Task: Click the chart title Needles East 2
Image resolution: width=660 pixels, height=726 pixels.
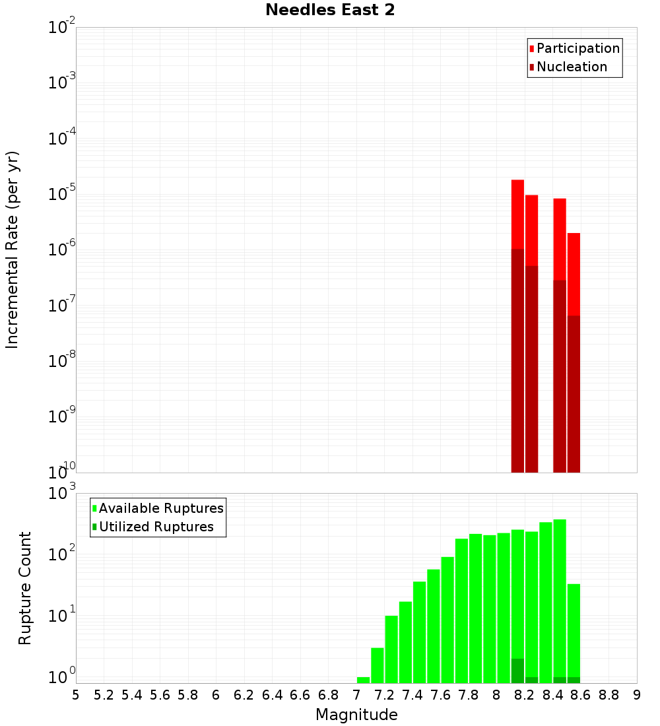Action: coord(330,11)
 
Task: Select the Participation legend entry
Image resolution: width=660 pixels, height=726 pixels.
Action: coord(577,49)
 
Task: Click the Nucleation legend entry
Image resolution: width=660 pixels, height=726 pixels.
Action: coord(572,67)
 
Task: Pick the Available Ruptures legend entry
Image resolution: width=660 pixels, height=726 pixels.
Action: coord(161,509)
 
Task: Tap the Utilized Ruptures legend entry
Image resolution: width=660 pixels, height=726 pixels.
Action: coord(156,527)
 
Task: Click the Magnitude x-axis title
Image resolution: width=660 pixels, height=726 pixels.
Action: coord(356,715)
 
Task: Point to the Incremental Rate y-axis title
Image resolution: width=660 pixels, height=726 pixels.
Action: coord(13,250)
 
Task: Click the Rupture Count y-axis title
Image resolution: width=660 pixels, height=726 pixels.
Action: coord(25,588)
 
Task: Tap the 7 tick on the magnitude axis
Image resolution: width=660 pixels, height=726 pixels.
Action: coord(356,695)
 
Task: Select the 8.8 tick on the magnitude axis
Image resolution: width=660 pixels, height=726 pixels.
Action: coord(609,695)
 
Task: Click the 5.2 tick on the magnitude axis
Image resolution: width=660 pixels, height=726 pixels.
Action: coord(104,695)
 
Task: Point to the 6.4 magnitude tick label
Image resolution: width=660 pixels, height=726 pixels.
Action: coord(272,695)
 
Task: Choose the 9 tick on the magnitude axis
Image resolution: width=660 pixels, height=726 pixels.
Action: coord(636,695)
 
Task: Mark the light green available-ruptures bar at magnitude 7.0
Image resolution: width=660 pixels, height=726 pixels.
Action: coord(363,680)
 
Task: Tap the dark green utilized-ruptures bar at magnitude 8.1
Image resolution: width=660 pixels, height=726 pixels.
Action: coord(517,671)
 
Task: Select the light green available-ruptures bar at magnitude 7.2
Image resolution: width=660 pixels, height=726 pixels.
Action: coord(391,649)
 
